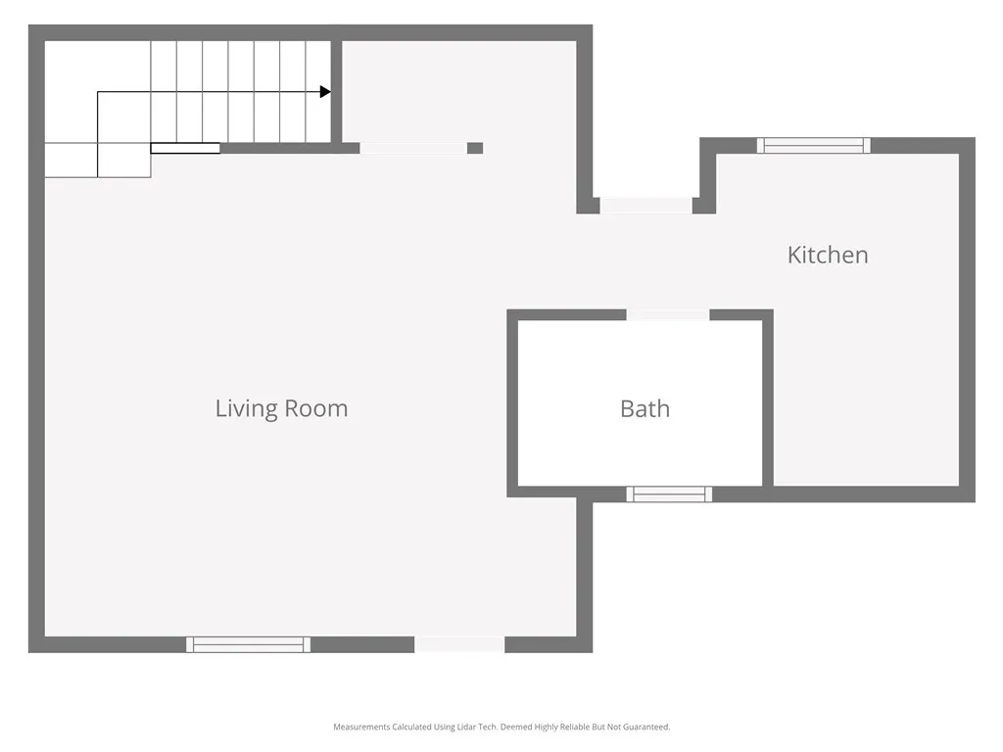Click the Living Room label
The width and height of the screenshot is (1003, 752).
[x=281, y=408]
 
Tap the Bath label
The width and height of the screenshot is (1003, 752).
[x=645, y=408]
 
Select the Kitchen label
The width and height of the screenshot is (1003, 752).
[x=828, y=255]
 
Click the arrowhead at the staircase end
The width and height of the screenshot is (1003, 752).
[x=325, y=92]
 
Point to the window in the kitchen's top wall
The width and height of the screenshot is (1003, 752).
[x=814, y=146]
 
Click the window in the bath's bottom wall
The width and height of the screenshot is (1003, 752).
[x=669, y=494]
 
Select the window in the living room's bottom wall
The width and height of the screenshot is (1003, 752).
[x=249, y=644]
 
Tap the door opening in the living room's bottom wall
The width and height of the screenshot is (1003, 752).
[x=459, y=644]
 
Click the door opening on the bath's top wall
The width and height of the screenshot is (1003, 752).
[x=668, y=315]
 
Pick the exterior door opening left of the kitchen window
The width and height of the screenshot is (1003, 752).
[x=646, y=206]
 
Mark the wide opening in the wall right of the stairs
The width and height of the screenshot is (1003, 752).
[x=412, y=149]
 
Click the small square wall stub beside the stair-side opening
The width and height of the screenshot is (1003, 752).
[x=475, y=149]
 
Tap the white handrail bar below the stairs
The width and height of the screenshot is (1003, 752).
[x=185, y=149]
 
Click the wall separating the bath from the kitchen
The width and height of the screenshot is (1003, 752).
[x=768, y=401]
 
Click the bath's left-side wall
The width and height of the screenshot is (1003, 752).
[x=512, y=401]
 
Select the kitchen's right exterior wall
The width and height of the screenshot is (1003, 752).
[x=968, y=323]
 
